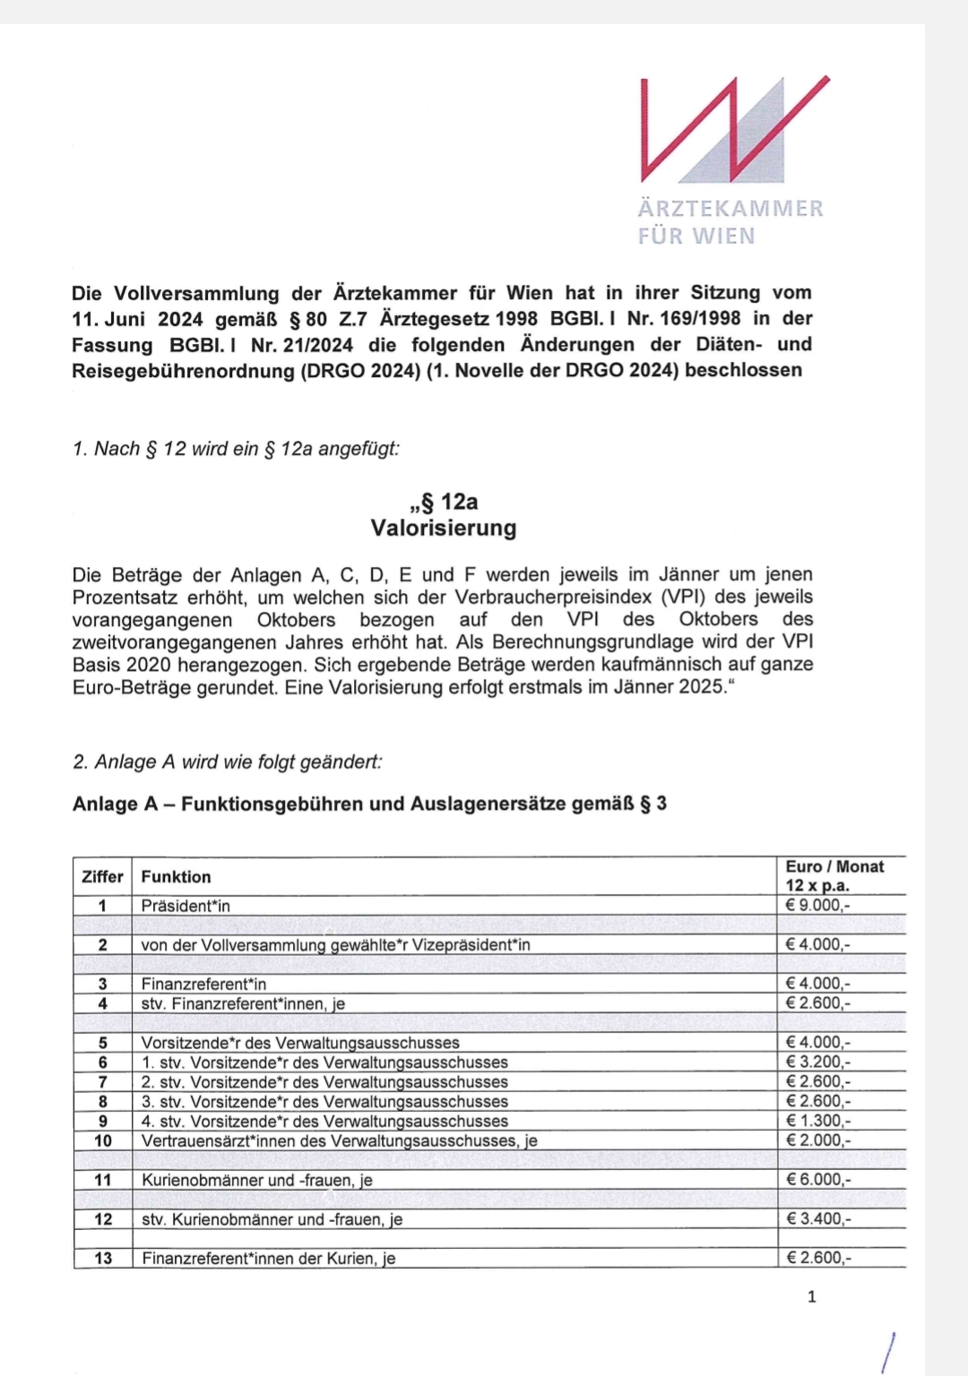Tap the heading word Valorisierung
pyautogui.click(x=444, y=528)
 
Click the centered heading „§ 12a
pyautogui.click(x=444, y=501)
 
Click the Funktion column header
pyautogui.click(x=177, y=877)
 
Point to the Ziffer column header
pyautogui.click(x=102, y=877)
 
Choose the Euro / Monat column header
pyautogui.click(x=834, y=875)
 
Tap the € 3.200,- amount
pyautogui.click(x=817, y=1062)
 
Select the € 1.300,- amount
pyautogui.click(x=817, y=1121)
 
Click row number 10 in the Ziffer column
pyautogui.click(x=103, y=1140)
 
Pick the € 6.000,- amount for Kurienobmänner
pyautogui.click(x=817, y=1180)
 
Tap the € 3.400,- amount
pyautogui.click(x=817, y=1219)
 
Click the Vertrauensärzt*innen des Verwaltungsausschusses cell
pyautogui.click(x=339, y=1140)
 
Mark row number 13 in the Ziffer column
pyautogui.click(x=103, y=1259)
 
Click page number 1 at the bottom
pyautogui.click(x=812, y=1296)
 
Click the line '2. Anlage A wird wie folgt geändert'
pyautogui.click(x=227, y=762)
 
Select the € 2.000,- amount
pyautogui.click(x=817, y=1140)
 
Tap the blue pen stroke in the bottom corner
pyautogui.click(x=888, y=1352)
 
